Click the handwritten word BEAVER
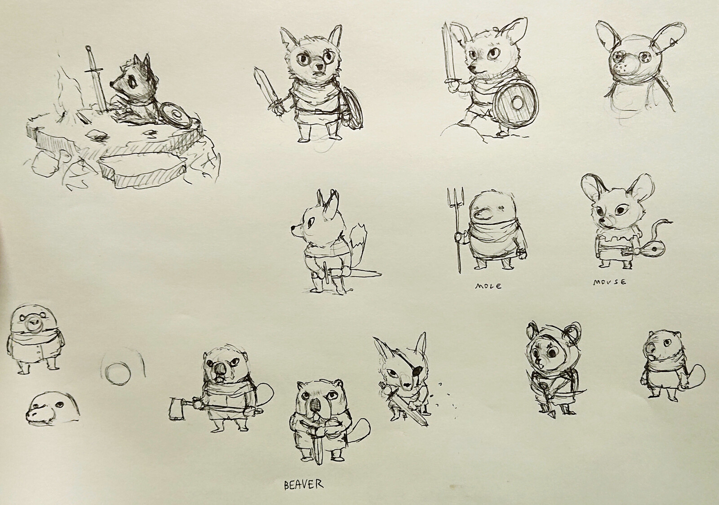303,484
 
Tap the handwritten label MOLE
488,285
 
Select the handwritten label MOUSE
609,282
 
